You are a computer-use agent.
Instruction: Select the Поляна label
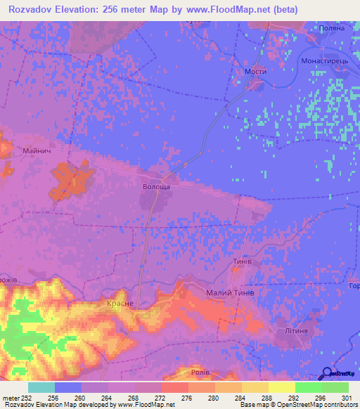click(332, 27)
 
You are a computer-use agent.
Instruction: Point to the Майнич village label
click(37, 150)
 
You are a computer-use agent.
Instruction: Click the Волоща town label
click(157, 188)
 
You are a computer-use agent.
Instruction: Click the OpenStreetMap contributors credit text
click(314, 405)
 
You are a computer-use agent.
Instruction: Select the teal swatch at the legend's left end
click(41, 387)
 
